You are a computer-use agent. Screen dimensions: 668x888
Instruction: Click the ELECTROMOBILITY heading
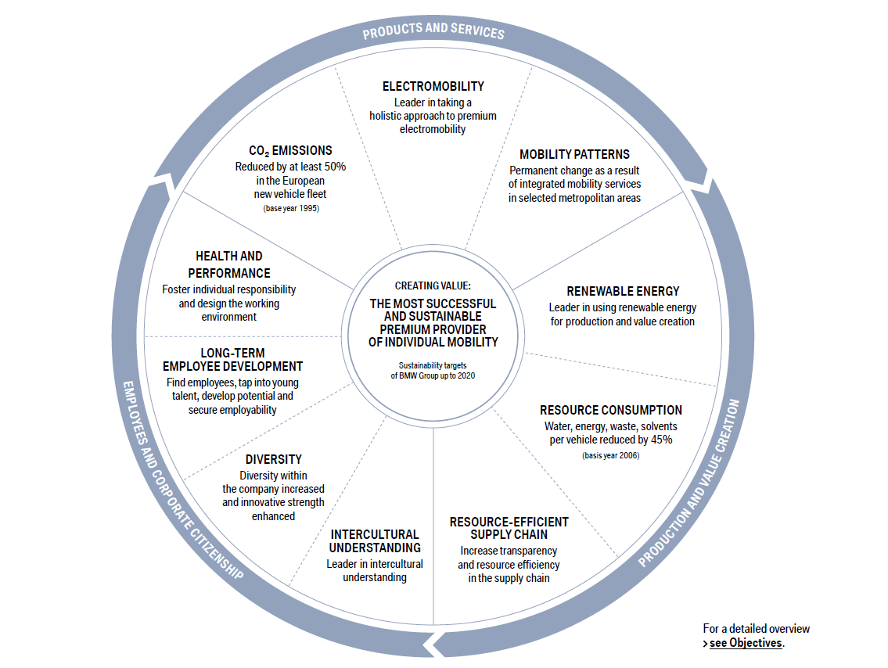tap(433, 86)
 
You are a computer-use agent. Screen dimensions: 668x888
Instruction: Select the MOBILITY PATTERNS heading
tap(574, 154)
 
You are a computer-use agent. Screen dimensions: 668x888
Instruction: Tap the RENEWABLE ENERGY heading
tap(623, 291)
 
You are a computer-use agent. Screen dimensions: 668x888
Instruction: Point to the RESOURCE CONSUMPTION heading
tap(610, 410)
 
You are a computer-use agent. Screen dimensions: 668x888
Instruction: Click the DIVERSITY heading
tap(273, 459)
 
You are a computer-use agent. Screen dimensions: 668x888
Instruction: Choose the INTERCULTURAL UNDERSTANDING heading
tap(375, 541)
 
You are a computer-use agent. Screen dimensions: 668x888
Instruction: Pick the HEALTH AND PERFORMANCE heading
tap(229, 264)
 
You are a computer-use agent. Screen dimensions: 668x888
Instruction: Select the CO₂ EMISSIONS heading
tap(290, 150)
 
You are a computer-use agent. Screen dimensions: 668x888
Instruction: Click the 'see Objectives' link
tap(746, 643)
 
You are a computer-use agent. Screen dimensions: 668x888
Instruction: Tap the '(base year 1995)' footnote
tap(290, 209)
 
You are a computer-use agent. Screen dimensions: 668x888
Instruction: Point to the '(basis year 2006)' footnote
tap(610, 455)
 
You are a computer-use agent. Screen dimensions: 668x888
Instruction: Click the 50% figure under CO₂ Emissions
tap(333, 167)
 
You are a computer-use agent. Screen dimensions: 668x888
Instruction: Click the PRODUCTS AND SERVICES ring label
tap(433, 31)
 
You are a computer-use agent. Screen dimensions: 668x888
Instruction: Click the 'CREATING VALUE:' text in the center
tap(433, 286)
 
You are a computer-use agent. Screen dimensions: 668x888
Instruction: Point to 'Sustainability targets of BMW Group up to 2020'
tap(433, 370)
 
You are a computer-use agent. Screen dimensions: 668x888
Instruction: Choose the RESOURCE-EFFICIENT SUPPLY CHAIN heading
tap(509, 528)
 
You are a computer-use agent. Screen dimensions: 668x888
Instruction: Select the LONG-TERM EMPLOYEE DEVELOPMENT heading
tap(232, 360)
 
